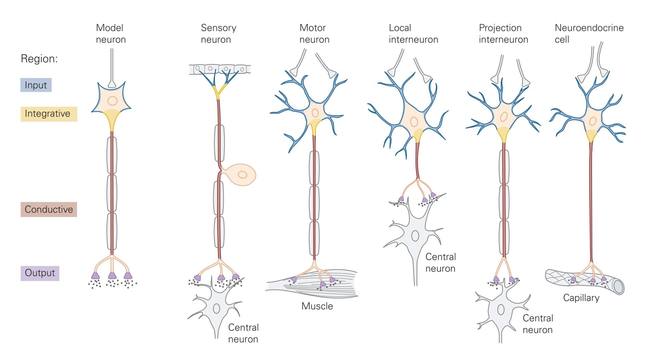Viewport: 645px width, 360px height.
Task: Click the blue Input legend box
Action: point(36,85)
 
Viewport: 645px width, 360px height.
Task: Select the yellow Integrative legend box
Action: point(49,114)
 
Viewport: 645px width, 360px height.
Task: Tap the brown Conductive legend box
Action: point(49,209)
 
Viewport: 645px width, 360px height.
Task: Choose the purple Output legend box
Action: point(40,273)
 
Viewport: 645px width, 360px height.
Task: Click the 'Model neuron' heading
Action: point(111,33)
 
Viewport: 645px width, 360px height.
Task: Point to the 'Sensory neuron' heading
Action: point(218,33)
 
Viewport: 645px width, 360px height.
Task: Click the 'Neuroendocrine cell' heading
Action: point(589,33)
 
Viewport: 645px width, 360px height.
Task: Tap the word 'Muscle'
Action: point(317,306)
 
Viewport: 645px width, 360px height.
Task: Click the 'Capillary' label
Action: point(581,298)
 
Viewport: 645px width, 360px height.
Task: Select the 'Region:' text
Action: point(39,59)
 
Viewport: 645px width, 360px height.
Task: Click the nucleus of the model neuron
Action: point(112,101)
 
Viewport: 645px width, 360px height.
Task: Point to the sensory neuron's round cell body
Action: point(241,175)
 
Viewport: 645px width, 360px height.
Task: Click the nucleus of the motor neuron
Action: point(315,113)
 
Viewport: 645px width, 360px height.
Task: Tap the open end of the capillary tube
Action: point(618,287)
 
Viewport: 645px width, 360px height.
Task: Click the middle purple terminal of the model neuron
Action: point(112,275)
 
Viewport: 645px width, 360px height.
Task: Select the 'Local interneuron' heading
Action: point(413,33)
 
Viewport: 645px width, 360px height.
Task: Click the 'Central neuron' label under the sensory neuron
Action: point(243,333)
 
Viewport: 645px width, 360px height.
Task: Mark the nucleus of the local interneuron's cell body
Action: point(414,122)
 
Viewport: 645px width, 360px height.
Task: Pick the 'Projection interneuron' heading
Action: point(503,33)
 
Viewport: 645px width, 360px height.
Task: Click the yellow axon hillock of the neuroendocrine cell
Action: point(591,135)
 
